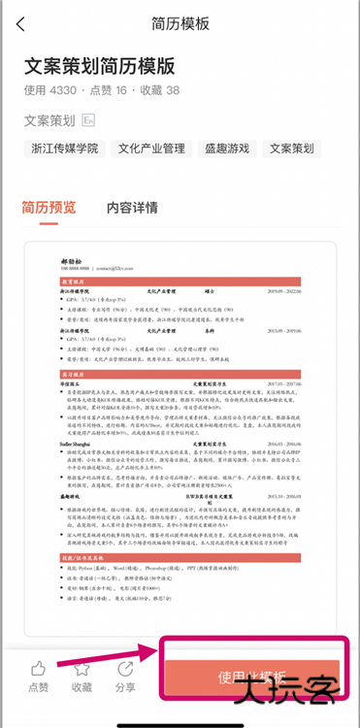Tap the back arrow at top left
(21, 24)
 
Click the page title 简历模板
(180, 23)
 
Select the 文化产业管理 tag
(151, 149)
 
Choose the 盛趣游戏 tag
(227, 149)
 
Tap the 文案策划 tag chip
(292, 149)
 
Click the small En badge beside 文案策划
(88, 121)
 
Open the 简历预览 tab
(49, 207)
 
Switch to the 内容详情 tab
(132, 207)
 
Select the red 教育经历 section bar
(180, 281)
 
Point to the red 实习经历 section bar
(180, 373)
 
